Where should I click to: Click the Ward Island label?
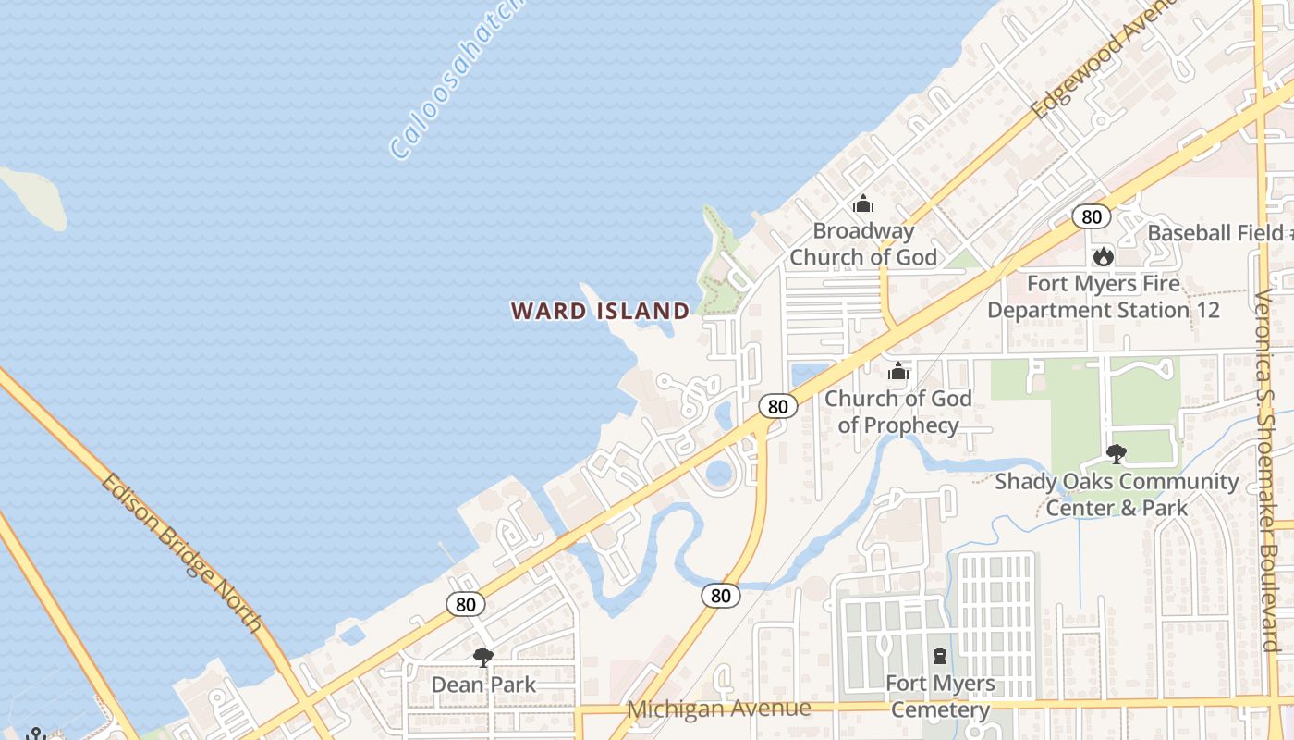pyautogui.click(x=600, y=311)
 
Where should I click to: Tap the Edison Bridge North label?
pyautogui.click(x=182, y=552)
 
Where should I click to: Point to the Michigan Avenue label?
pyautogui.click(x=719, y=709)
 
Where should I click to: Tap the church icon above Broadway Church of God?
pyautogui.click(x=863, y=203)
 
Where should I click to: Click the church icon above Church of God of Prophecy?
pyautogui.click(x=897, y=372)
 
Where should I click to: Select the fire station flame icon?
pyautogui.click(x=1103, y=256)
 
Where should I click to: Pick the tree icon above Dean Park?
pyautogui.click(x=482, y=658)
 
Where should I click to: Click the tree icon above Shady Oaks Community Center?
pyautogui.click(x=1116, y=454)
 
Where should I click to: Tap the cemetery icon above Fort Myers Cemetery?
pyautogui.click(x=940, y=656)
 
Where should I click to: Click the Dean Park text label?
pyautogui.click(x=483, y=685)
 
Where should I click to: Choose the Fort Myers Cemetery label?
pyautogui.click(x=940, y=697)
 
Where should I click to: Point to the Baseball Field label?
pyautogui.click(x=1216, y=233)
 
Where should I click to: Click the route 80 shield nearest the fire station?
pyautogui.click(x=1092, y=216)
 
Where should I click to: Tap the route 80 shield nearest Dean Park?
pyautogui.click(x=466, y=605)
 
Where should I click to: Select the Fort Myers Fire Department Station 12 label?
pyautogui.click(x=1103, y=296)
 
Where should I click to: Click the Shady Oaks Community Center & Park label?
pyautogui.click(x=1117, y=494)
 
